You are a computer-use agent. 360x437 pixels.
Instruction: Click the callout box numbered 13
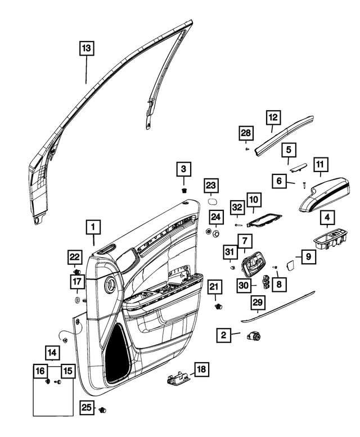click(85, 49)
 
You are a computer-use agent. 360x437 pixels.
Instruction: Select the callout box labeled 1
click(93, 227)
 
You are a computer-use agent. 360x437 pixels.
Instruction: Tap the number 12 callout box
click(273, 118)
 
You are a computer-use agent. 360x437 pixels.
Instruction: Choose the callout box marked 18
click(200, 370)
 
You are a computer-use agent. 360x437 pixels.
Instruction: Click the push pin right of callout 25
click(103, 408)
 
